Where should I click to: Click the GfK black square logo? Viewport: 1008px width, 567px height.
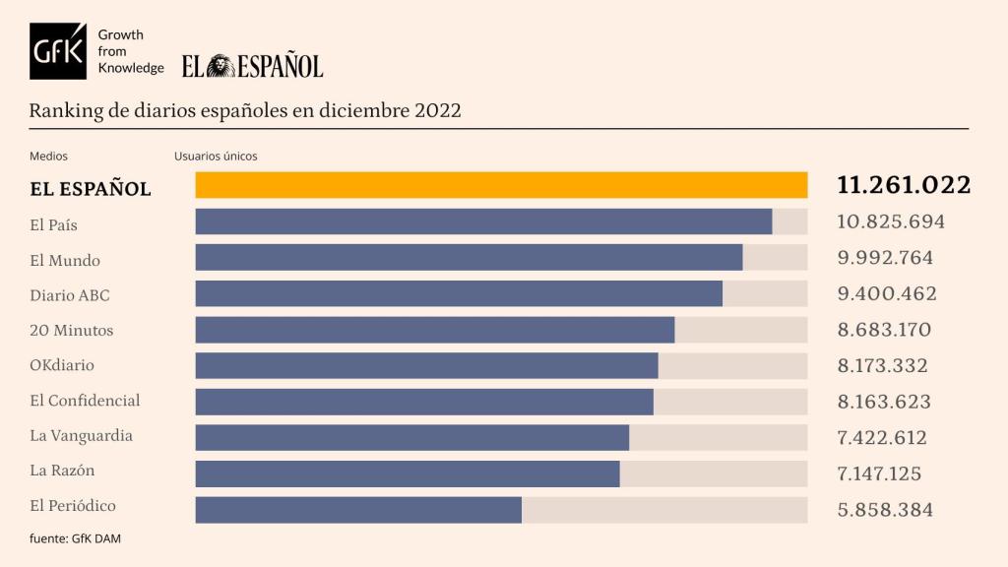(x=58, y=51)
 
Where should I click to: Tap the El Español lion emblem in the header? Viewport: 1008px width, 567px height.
(x=221, y=66)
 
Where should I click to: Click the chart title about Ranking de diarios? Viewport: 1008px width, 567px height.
(x=245, y=110)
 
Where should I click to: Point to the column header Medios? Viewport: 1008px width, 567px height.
(x=48, y=156)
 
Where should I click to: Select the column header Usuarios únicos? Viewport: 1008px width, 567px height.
(x=216, y=156)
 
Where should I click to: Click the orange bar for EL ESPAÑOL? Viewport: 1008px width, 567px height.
(x=501, y=185)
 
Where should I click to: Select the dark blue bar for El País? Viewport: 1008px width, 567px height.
(x=483, y=221)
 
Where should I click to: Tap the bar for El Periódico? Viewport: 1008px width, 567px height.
(x=358, y=509)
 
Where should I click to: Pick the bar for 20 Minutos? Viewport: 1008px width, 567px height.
(x=434, y=330)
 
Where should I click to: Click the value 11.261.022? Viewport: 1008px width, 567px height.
(x=904, y=185)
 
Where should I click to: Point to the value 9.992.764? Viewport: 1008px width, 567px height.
(x=885, y=258)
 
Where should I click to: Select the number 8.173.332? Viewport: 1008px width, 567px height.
(x=882, y=366)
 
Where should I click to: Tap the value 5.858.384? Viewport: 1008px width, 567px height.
(x=885, y=510)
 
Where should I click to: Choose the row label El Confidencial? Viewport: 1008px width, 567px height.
(x=85, y=401)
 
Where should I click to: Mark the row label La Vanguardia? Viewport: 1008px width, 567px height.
(x=81, y=436)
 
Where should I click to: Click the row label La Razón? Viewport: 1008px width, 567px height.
(x=62, y=471)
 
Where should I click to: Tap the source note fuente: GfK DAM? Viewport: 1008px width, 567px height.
(x=75, y=538)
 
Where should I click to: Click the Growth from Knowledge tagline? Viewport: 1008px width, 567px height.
(x=130, y=51)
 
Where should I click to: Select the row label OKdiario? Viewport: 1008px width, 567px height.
(x=62, y=365)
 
